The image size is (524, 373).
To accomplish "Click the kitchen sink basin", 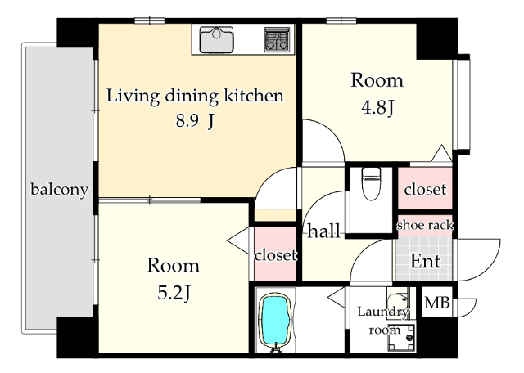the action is click(x=216, y=40).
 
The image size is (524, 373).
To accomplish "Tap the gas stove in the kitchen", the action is click(x=277, y=40).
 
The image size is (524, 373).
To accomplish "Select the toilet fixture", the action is click(x=371, y=183).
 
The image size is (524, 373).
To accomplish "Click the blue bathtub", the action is click(x=275, y=321).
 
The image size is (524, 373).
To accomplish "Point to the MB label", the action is click(x=436, y=303).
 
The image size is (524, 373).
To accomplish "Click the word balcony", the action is click(x=60, y=190).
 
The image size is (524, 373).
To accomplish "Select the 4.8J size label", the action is click(x=377, y=107).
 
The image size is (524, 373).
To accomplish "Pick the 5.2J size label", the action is click(x=174, y=293).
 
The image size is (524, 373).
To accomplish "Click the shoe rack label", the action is click(x=425, y=226).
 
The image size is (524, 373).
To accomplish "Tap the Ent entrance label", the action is click(x=426, y=261).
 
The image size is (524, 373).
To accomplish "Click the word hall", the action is click(x=323, y=231).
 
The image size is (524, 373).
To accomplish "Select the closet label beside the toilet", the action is click(x=425, y=189).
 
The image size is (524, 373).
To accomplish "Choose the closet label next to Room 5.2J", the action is click(x=275, y=255).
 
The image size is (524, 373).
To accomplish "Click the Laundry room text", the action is click(x=383, y=321).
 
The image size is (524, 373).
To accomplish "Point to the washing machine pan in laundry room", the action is click(x=401, y=337).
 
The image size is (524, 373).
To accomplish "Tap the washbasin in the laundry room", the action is click(x=398, y=298).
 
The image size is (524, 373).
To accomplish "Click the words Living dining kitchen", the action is click(x=195, y=96).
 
